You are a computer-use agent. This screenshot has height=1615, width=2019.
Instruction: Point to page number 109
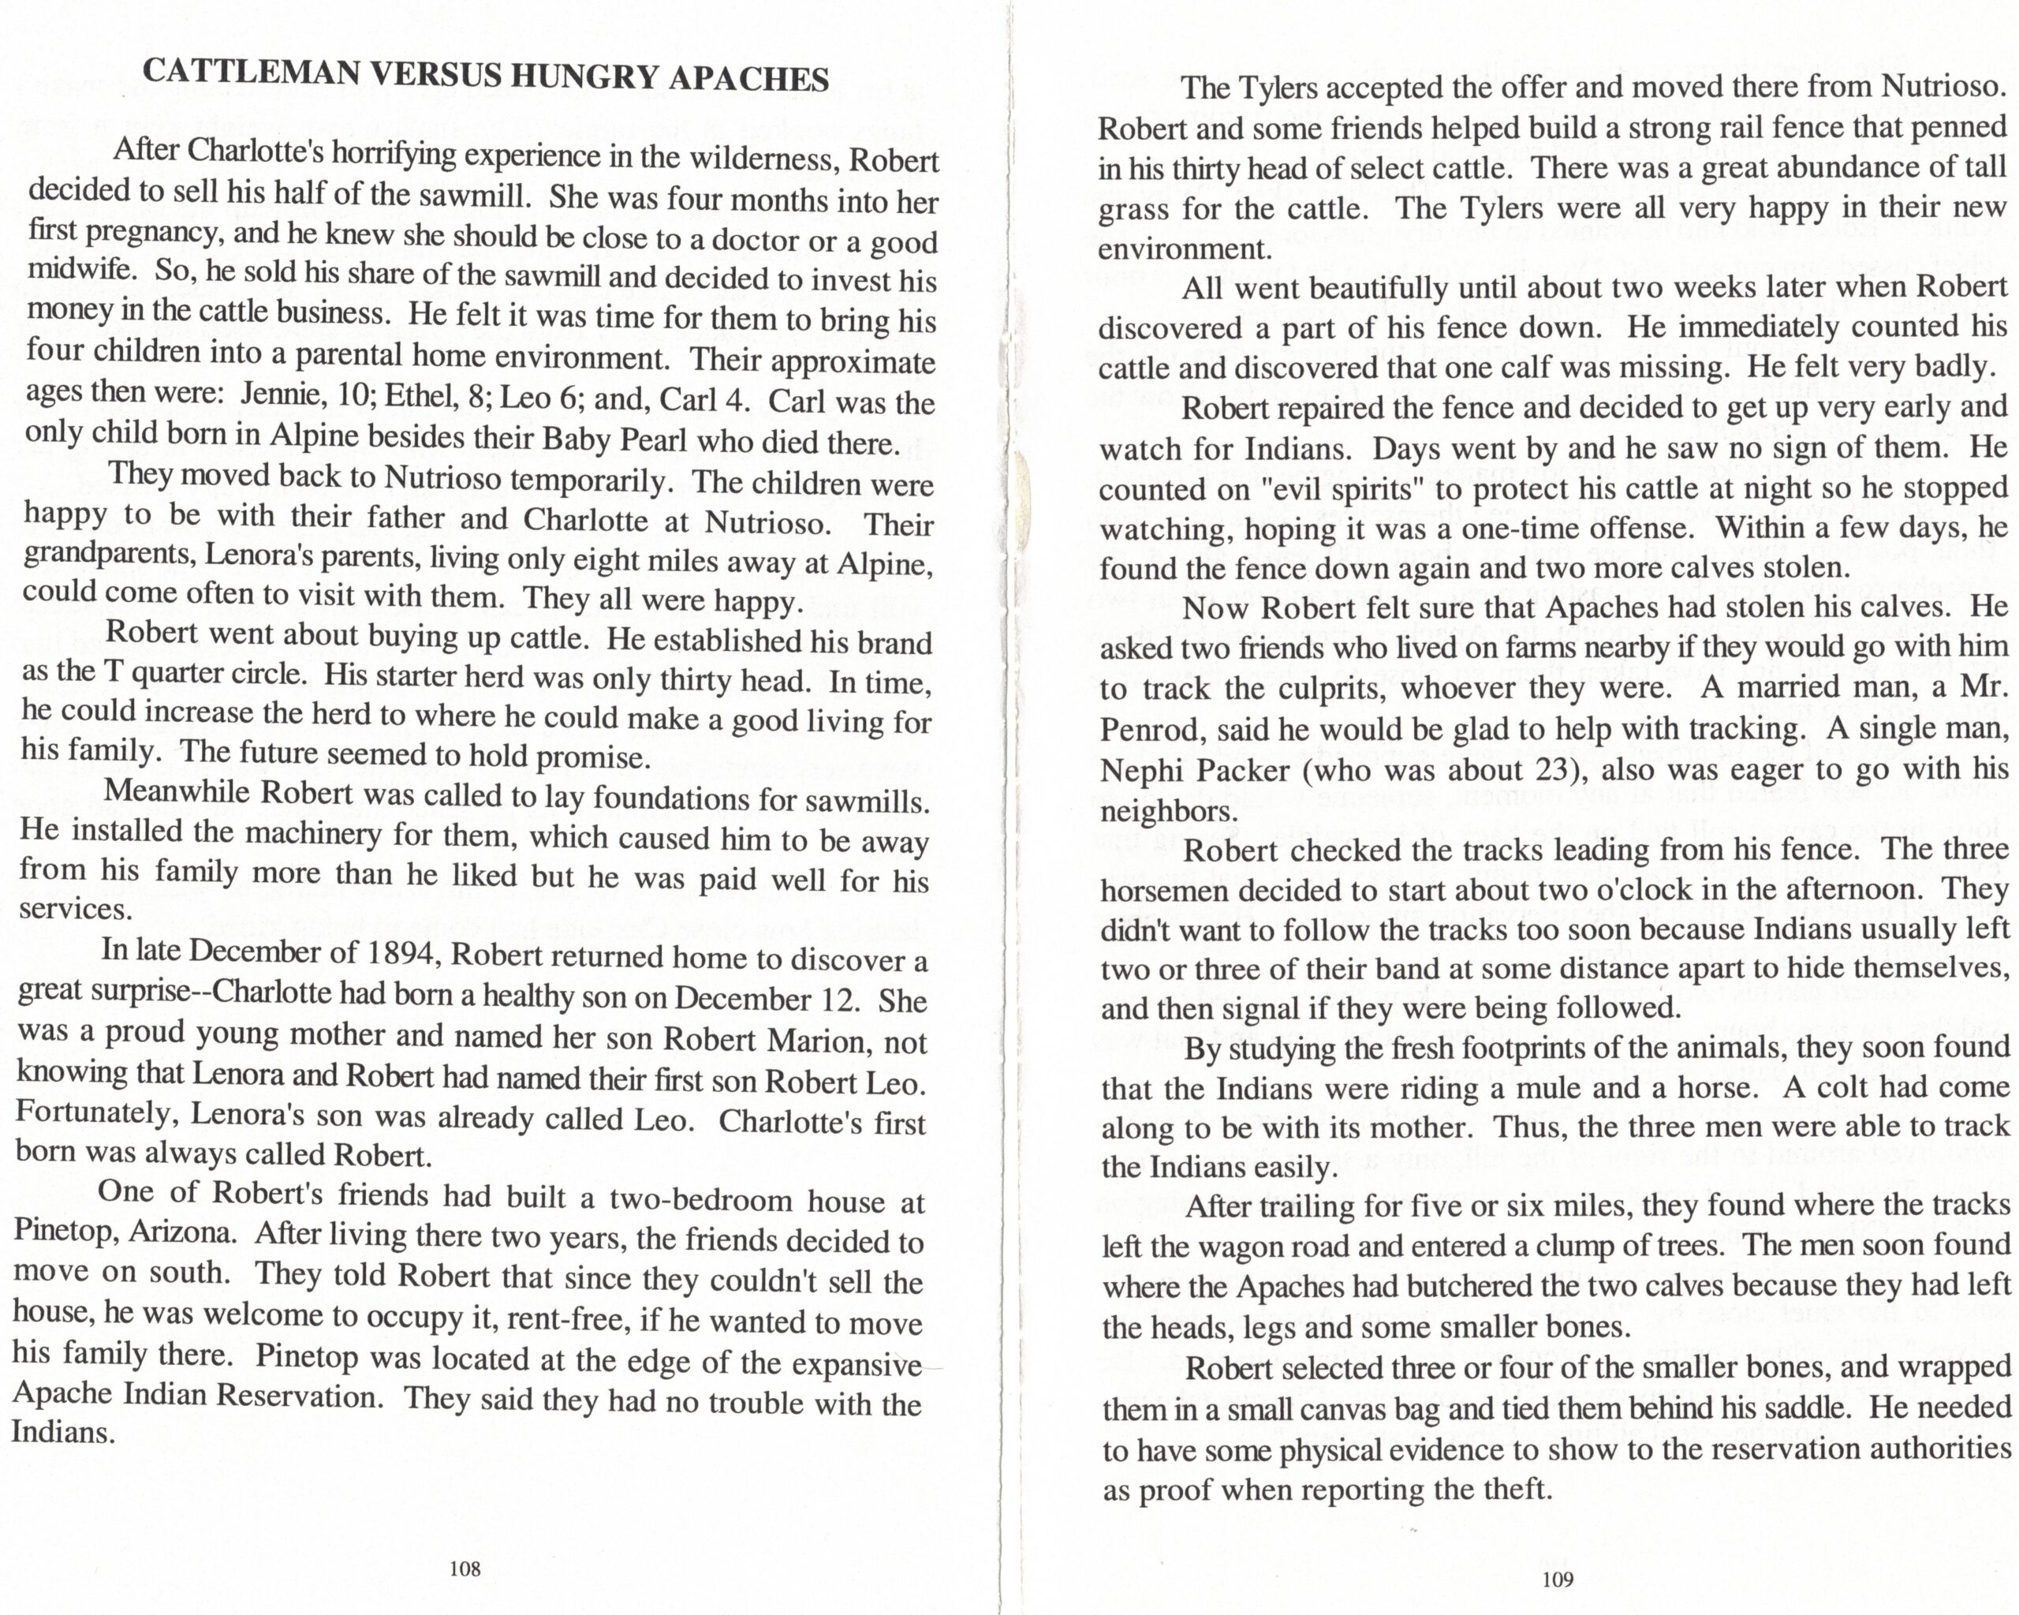[1558, 1579]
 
